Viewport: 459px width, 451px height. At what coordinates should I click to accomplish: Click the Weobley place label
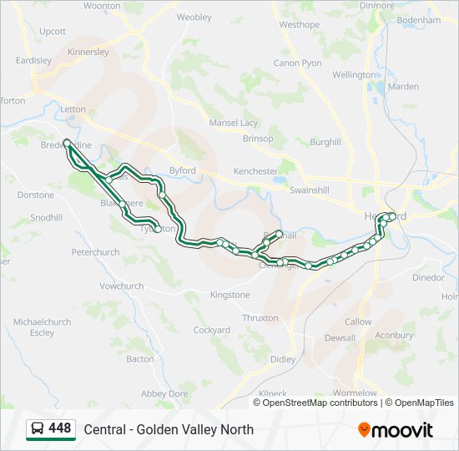(194, 17)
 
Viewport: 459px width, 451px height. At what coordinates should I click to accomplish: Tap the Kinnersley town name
(88, 52)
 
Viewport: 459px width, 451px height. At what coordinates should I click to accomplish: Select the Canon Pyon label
(297, 63)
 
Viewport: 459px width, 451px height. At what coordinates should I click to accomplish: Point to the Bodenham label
(420, 19)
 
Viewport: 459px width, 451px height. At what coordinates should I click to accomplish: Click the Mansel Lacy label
(234, 123)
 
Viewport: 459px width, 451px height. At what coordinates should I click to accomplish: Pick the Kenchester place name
(255, 171)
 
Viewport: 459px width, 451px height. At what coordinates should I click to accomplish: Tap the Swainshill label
(309, 190)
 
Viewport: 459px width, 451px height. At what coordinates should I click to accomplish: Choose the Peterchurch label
(95, 251)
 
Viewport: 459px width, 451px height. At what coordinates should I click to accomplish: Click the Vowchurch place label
(122, 286)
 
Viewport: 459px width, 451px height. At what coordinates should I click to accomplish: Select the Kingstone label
(229, 295)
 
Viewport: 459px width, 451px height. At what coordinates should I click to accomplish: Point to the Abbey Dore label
(164, 393)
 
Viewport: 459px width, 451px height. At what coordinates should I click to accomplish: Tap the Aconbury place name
(394, 335)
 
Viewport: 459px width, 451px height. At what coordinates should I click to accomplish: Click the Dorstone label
(36, 195)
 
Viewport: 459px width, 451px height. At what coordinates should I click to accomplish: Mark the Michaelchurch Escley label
(42, 327)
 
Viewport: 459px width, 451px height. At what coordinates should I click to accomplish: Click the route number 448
(60, 428)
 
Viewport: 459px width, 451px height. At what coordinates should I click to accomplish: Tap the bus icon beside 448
(38, 429)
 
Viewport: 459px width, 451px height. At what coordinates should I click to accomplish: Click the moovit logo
(396, 430)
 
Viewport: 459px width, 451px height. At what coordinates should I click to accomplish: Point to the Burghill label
(325, 143)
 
